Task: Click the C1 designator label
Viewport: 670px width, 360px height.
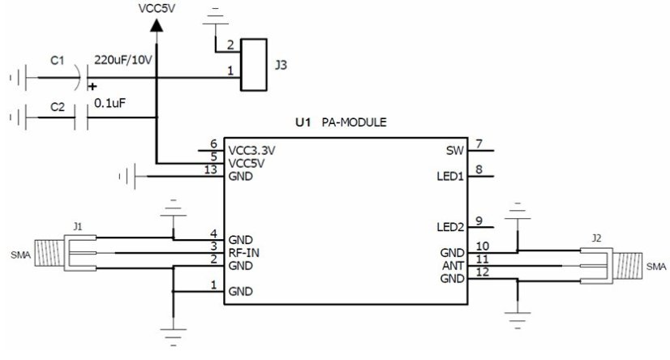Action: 57,59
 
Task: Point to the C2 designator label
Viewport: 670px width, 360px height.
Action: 57,106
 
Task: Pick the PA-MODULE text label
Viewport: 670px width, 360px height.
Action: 354,123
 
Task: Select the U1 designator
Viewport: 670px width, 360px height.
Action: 303,123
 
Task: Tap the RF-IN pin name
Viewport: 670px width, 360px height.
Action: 243,252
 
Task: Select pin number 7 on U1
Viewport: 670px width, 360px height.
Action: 479,144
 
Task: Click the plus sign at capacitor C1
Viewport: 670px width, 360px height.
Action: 92,86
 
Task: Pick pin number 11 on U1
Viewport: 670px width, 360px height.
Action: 482,259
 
